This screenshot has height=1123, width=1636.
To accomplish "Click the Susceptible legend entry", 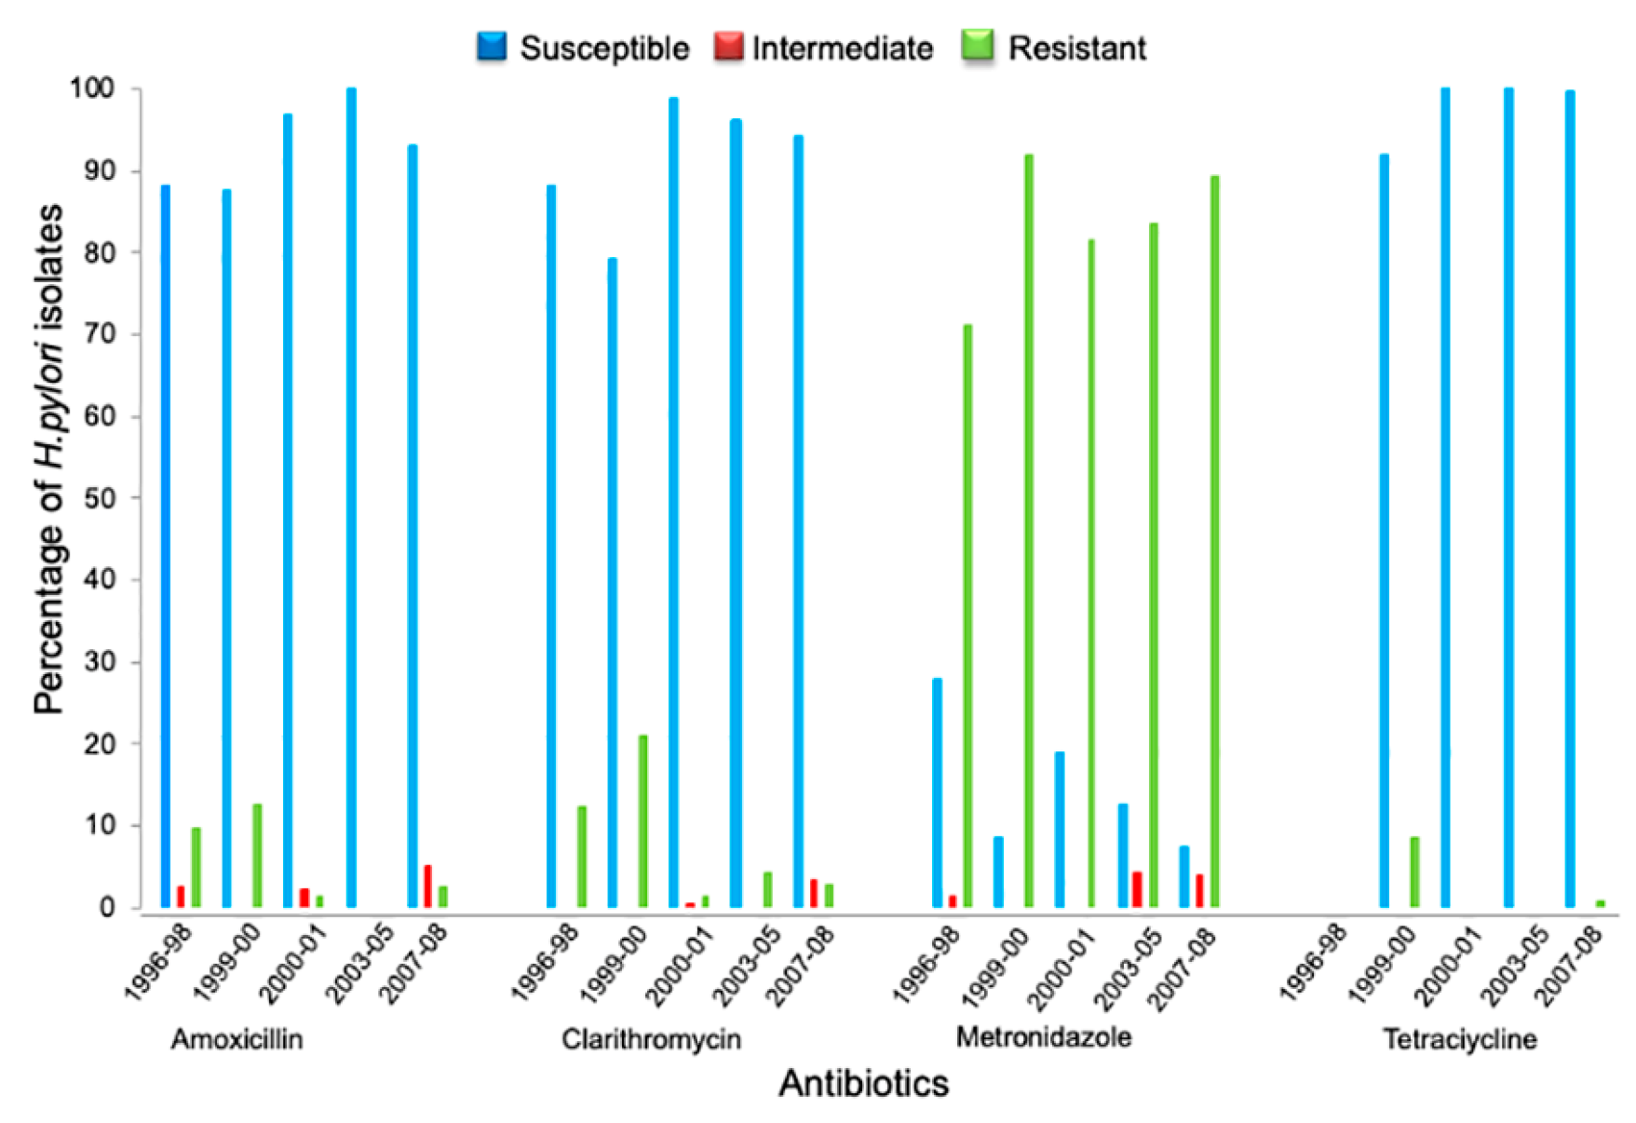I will tap(584, 47).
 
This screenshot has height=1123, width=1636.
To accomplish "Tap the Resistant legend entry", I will tap(1056, 47).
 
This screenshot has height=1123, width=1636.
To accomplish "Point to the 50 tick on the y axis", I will tap(98, 498).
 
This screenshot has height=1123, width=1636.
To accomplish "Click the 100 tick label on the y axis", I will tap(91, 89).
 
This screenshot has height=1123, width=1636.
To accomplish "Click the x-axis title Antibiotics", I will tap(863, 1083).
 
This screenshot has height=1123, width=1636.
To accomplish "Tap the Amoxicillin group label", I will tap(237, 1039).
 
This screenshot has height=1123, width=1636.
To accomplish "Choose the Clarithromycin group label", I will tap(651, 1039).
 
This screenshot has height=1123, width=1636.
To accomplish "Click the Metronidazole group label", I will tap(1044, 1037).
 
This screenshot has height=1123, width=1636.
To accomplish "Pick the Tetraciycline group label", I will tap(1459, 1039).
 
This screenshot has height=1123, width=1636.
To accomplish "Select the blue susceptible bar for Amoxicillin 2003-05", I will tap(351, 498).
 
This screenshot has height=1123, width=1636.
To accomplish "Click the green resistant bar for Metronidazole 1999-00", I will tap(1029, 531).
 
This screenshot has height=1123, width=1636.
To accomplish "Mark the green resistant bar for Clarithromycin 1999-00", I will tap(642, 821).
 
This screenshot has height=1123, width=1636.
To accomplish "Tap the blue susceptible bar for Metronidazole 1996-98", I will tap(937, 792).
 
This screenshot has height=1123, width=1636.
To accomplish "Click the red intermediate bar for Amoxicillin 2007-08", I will tap(427, 886).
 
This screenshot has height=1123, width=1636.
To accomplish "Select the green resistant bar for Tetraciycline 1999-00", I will tap(1414, 872).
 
